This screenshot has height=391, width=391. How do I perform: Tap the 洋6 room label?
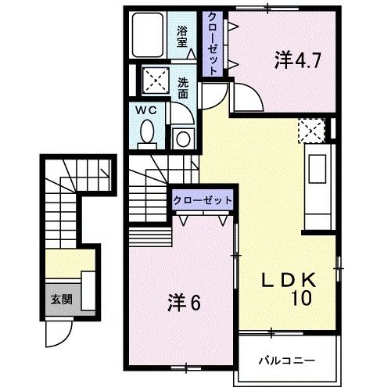[x=185, y=302]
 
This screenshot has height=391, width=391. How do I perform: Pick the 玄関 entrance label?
[x=60, y=299]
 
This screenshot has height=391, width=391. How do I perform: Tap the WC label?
[x=147, y=111]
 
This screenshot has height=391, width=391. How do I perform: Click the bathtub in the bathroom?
[x=150, y=35]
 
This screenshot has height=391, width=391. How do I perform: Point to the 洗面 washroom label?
[x=182, y=87]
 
